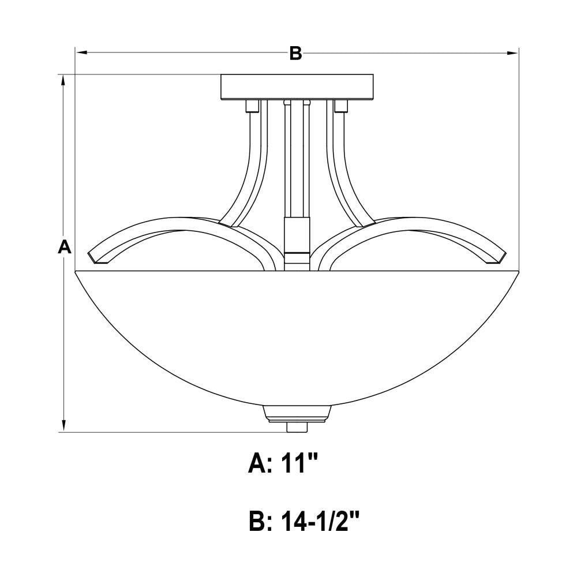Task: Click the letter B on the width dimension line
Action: point(295,53)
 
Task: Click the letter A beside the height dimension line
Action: point(65,246)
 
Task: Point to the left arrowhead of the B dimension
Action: point(81,53)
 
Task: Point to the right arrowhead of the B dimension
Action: point(512,53)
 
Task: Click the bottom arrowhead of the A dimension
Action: point(64,426)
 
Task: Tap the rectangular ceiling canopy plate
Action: point(297,87)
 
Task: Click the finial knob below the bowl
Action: point(297,427)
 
